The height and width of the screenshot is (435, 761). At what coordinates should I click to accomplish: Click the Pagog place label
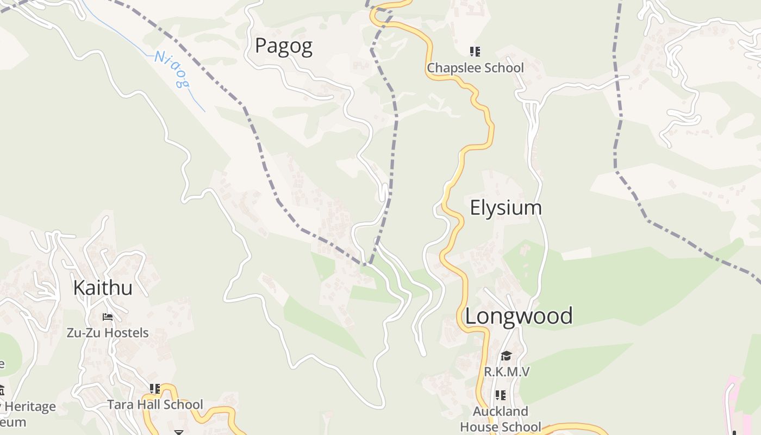click(284, 46)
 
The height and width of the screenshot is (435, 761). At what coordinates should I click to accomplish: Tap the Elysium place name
click(506, 208)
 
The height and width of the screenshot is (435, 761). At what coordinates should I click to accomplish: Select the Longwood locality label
click(519, 316)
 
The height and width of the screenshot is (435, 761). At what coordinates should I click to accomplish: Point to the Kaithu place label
click(103, 288)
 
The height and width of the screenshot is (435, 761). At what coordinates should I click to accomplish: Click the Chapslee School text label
click(475, 68)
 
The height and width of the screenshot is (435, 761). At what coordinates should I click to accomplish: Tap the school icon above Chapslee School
click(475, 52)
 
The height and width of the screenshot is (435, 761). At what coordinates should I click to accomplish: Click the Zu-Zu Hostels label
click(108, 332)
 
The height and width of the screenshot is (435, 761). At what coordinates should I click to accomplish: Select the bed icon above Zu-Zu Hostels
click(108, 316)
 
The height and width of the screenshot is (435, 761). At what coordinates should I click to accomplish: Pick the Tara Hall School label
click(155, 405)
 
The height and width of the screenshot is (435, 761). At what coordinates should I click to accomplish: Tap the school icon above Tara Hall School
click(155, 389)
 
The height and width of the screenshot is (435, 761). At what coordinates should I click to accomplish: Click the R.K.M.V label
click(507, 372)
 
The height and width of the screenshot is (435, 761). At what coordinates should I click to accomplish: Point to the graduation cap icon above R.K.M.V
click(506, 356)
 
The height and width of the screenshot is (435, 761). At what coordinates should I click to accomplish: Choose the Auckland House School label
click(501, 419)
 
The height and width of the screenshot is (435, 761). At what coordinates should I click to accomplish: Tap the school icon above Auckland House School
click(501, 395)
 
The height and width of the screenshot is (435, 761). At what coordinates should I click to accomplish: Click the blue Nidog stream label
click(172, 69)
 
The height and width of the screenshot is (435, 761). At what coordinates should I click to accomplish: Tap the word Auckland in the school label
click(501, 411)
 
